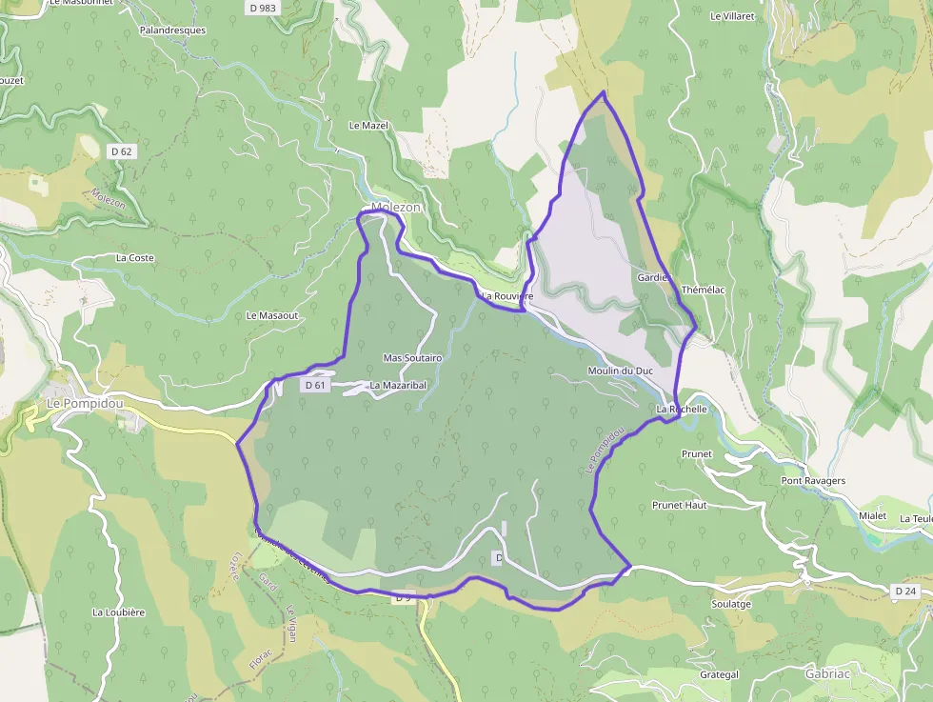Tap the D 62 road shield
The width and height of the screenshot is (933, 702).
coord(121,150)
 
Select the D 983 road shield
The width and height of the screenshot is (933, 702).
coord(261,8)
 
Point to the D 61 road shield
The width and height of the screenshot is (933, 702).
coord(315,386)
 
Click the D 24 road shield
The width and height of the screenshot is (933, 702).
coord(904,592)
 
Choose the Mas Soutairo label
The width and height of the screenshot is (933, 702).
coord(412,358)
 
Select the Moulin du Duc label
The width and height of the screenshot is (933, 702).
coord(621,371)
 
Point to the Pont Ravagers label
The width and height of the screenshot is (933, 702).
coord(813,481)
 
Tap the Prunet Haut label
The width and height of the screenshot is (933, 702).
coord(679,505)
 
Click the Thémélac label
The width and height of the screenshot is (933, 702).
coord(704,290)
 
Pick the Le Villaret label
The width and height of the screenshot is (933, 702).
coord(731,16)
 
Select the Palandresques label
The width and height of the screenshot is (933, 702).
coord(172,30)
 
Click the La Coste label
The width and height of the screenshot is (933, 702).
coord(135,258)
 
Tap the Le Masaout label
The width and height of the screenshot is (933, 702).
coord(272,315)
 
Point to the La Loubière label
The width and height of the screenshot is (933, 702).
coord(118,612)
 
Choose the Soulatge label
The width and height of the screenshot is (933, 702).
coord(731,604)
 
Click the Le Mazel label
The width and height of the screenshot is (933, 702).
coord(368,126)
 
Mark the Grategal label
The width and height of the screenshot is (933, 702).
coord(719,674)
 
